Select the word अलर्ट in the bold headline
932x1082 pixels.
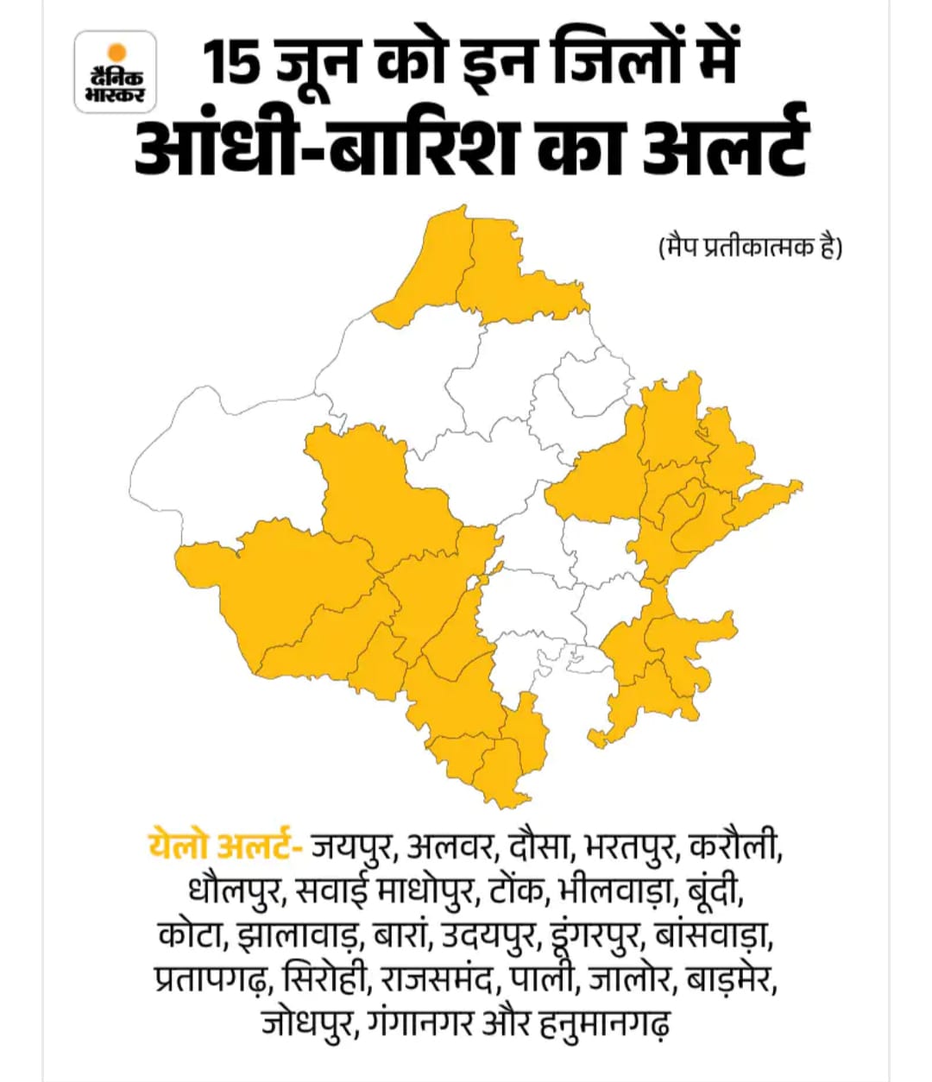726,148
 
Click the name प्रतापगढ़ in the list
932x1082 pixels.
216,981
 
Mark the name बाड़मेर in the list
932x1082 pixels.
733,981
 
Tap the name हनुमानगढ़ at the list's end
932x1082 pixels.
601,1026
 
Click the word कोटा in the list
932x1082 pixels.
192,936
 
